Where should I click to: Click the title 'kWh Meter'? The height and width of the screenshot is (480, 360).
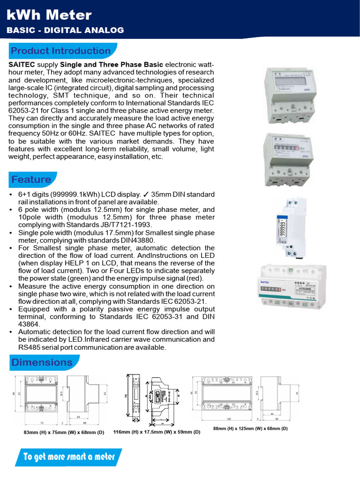click(x=49, y=15)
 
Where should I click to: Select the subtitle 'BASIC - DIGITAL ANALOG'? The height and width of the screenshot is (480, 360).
click(x=65, y=30)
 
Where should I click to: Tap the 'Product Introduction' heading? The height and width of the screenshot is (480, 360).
click(x=60, y=51)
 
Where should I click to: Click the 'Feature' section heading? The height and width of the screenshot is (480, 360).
click(x=31, y=180)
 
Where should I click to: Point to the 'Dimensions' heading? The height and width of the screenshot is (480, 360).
click(x=42, y=362)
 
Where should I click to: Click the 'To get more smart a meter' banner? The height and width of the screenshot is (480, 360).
click(x=69, y=457)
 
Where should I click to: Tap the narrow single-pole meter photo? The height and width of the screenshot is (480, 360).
click(x=287, y=227)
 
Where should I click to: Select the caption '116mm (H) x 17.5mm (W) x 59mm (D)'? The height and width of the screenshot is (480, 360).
click(x=157, y=432)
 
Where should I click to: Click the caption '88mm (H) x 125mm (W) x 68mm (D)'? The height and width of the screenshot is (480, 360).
click(x=250, y=428)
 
